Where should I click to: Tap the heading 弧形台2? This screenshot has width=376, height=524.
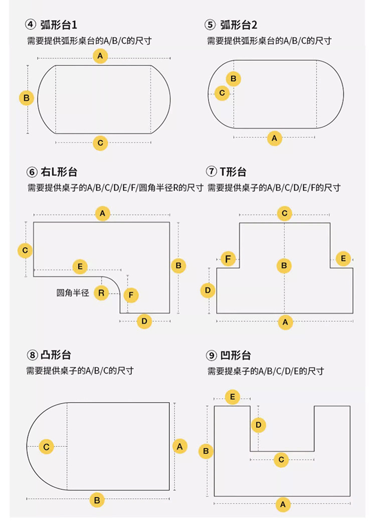(x=238, y=25)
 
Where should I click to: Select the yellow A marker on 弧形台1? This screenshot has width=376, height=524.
(x=101, y=56)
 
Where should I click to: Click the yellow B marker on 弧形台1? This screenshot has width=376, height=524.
(x=27, y=98)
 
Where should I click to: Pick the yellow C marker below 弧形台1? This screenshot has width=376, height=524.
(x=101, y=143)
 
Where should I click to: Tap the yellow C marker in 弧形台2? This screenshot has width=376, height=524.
(x=222, y=93)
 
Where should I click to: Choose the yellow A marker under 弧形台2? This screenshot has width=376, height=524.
(x=274, y=138)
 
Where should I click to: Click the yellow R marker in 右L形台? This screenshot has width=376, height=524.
(x=102, y=292)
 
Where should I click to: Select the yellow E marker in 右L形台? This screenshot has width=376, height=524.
(x=80, y=266)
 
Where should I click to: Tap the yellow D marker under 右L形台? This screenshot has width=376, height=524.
(x=144, y=321)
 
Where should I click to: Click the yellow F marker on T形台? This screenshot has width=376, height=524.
(x=229, y=259)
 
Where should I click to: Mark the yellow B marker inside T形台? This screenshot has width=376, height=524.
(x=284, y=266)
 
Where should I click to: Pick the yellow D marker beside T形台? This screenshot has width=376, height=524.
(x=208, y=290)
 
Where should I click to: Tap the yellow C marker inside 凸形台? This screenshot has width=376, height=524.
(x=46, y=446)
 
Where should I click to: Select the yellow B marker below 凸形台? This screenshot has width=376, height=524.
(x=97, y=499)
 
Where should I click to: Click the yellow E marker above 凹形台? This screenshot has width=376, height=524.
(x=232, y=398)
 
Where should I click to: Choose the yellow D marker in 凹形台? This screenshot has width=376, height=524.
(x=258, y=425)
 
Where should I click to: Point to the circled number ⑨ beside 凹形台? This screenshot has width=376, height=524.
(x=211, y=356)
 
